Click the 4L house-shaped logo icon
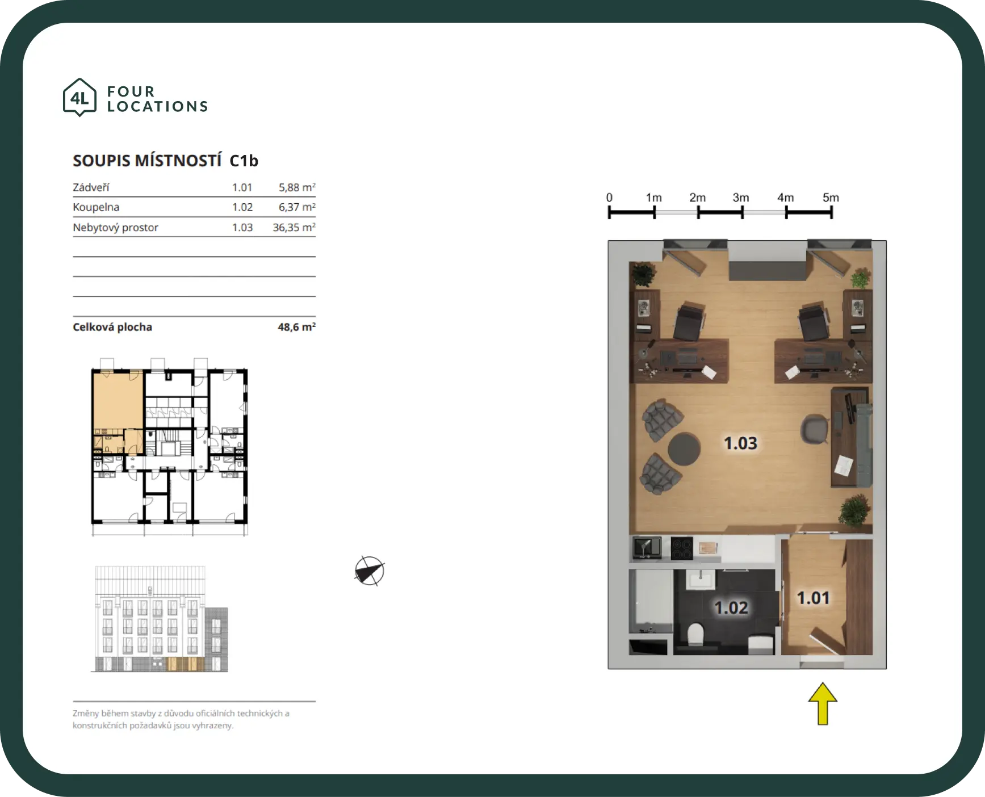coord(79,98)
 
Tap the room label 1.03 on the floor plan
coord(740,443)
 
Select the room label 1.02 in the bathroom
coord(731,607)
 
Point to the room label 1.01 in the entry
coord(813,598)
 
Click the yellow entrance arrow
coord(823,704)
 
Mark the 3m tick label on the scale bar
coord(741,198)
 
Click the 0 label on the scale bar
coord(609,198)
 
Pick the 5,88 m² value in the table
coord(297,187)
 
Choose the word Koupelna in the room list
coord(96,207)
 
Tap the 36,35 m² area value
coord(294,227)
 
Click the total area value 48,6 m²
coord(296,327)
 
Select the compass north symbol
coord(370,571)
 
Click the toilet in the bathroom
coord(695,634)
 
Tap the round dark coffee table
coord(684,449)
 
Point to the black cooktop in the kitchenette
coord(682,548)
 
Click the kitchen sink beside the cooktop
coord(647,548)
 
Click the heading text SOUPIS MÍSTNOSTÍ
coord(147,161)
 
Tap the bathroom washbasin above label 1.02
coord(701,580)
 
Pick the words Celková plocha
coord(112,327)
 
